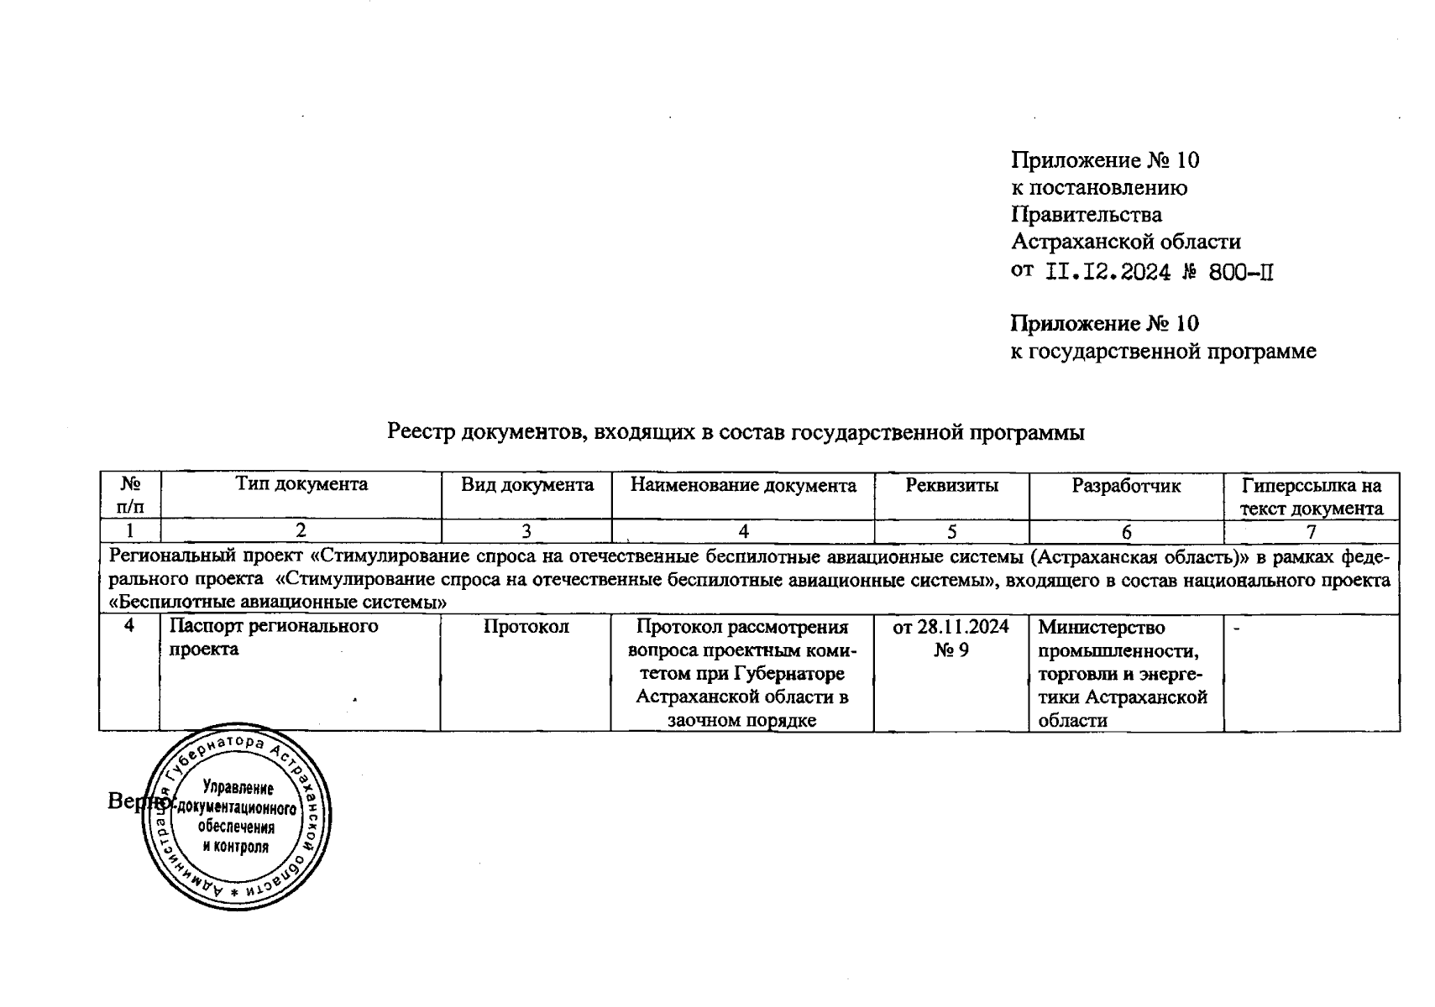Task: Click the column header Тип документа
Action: coord(301,484)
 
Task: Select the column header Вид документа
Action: coord(526,484)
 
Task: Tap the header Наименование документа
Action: coord(743,485)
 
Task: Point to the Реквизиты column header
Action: coord(951,484)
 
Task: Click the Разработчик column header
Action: coord(1126,485)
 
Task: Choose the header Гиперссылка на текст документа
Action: coord(1311,496)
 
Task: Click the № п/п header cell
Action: coord(129,495)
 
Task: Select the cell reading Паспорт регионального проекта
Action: coord(274,637)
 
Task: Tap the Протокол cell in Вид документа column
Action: coord(526,626)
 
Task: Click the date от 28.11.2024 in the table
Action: coord(951,626)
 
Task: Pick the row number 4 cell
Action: coord(129,626)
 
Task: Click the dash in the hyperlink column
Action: coord(1236,626)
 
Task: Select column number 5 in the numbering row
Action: coord(951,531)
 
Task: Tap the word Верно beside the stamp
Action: coord(136,801)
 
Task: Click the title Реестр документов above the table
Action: coord(736,432)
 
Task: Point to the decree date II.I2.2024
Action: coord(1108,271)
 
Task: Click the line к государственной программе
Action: coord(1163,351)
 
